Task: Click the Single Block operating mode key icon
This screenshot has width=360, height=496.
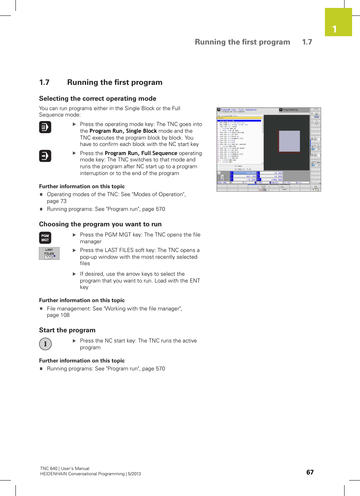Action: [x=45, y=127]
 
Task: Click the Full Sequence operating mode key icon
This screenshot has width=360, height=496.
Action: [x=45, y=156]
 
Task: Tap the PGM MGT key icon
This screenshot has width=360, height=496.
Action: [x=45, y=238]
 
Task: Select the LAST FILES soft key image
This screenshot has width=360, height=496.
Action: [x=49, y=253]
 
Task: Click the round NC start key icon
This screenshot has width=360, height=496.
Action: [x=45, y=344]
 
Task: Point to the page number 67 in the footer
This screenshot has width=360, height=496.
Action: [x=310, y=472]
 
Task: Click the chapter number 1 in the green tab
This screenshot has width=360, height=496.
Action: [x=334, y=29]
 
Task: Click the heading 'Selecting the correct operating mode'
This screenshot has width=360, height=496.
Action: [x=97, y=98]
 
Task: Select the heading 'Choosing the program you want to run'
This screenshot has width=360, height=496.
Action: [x=100, y=224]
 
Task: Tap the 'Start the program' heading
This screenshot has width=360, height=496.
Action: [x=67, y=330]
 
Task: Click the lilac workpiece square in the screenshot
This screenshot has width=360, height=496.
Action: [x=289, y=141]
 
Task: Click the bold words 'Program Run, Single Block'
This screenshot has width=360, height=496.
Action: [x=123, y=131]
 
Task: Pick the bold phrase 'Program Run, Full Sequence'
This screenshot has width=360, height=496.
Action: [x=141, y=153]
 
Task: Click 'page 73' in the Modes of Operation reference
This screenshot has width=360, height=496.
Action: [x=57, y=201]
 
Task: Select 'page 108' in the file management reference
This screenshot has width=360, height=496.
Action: [x=58, y=315]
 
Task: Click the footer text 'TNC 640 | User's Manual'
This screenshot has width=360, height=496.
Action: [x=65, y=468]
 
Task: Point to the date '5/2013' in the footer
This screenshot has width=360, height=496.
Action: [x=134, y=474]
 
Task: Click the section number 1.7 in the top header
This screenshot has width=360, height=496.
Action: [x=307, y=42]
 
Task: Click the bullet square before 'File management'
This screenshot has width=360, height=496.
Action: [x=41, y=309]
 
